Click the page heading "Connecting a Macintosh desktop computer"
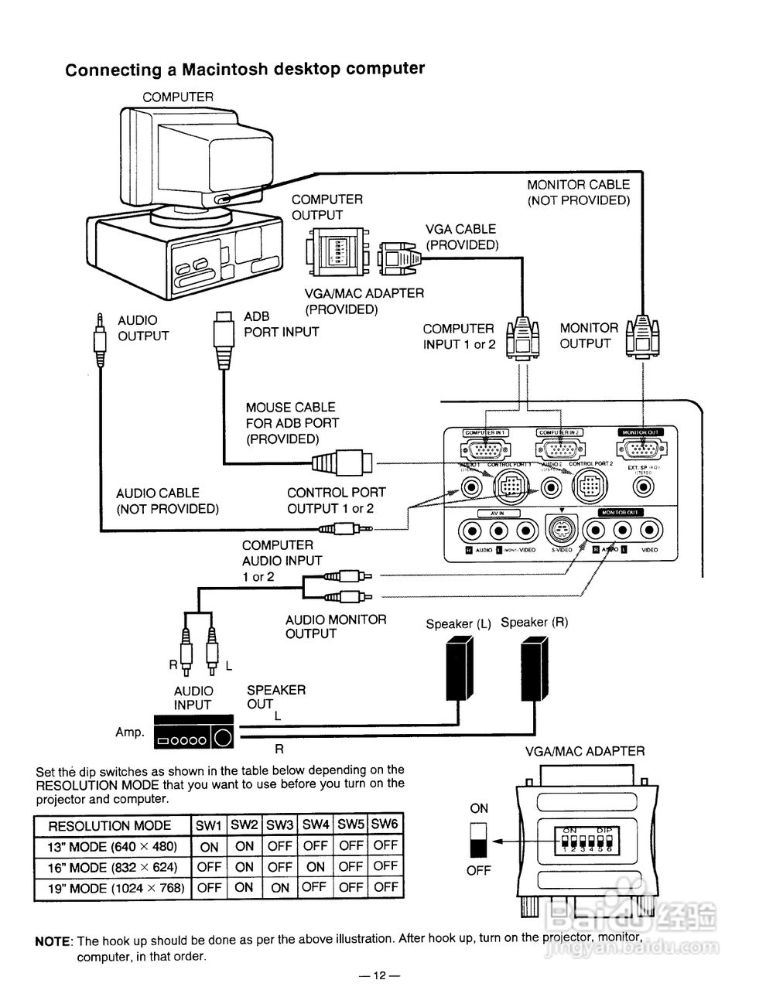pos(245,70)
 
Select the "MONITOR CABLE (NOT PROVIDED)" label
pos(579,193)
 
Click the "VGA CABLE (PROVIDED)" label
pos(461,237)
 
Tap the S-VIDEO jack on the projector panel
pos(562,530)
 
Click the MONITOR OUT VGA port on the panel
pos(640,449)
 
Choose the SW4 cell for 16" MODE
pos(315,867)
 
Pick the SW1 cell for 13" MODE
pos(209,846)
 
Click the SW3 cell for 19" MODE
pos(279,888)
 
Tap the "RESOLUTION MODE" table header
pos(109,825)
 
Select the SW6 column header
pos(385,825)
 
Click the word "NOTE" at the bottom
pos(53,941)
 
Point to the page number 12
pos(379,975)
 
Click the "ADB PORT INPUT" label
pos(281,324)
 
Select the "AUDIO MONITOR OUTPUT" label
pos(335,626)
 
